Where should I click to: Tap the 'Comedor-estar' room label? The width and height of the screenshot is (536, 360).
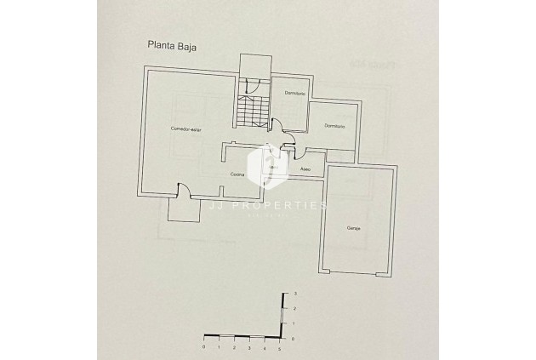click(185, 129)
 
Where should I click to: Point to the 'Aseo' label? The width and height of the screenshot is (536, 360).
click(305, 169)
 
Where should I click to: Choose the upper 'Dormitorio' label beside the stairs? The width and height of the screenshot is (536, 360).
click(294, 93)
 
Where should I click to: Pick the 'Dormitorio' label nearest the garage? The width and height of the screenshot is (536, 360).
click(334, 127)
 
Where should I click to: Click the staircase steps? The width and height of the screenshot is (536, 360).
click(253, 111)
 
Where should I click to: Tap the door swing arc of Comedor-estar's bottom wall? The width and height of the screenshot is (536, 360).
click(181, 190)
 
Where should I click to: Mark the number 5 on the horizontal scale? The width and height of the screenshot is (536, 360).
click(279, 346)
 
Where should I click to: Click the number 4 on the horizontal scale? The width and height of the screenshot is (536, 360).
click(264, 346)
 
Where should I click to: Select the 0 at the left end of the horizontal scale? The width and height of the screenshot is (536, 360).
click(204, 346)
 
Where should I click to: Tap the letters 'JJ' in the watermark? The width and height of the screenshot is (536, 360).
click(217, 206)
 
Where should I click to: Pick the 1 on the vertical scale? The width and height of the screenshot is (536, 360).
click(294, 324)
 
